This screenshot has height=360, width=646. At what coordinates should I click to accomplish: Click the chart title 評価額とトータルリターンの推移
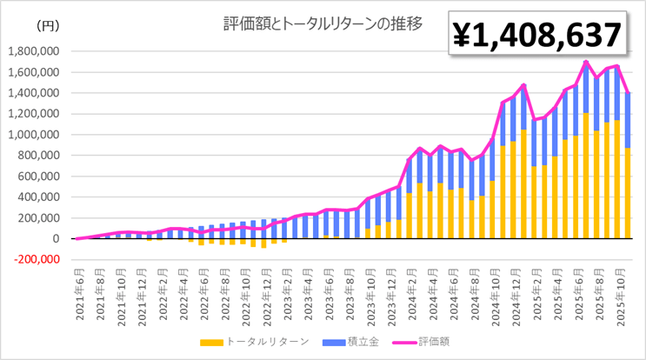pyautogui.click(x=323, y=23)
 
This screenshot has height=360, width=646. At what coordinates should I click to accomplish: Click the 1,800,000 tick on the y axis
pyautogui.click(x=32, y=51)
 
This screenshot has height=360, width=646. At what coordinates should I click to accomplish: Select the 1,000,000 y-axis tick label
pyautogui.click(x=32, y=135)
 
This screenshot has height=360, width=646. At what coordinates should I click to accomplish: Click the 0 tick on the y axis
pyautogui.click(x=55, y=238)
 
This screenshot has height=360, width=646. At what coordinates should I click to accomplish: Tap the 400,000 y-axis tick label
pyautogui.click(x=36, y=197)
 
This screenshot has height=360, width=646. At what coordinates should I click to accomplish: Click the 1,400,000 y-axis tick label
pyautogui.click(x=32, y=93)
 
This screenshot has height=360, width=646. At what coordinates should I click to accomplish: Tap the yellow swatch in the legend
pyautogui.click(x=209, y=341)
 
